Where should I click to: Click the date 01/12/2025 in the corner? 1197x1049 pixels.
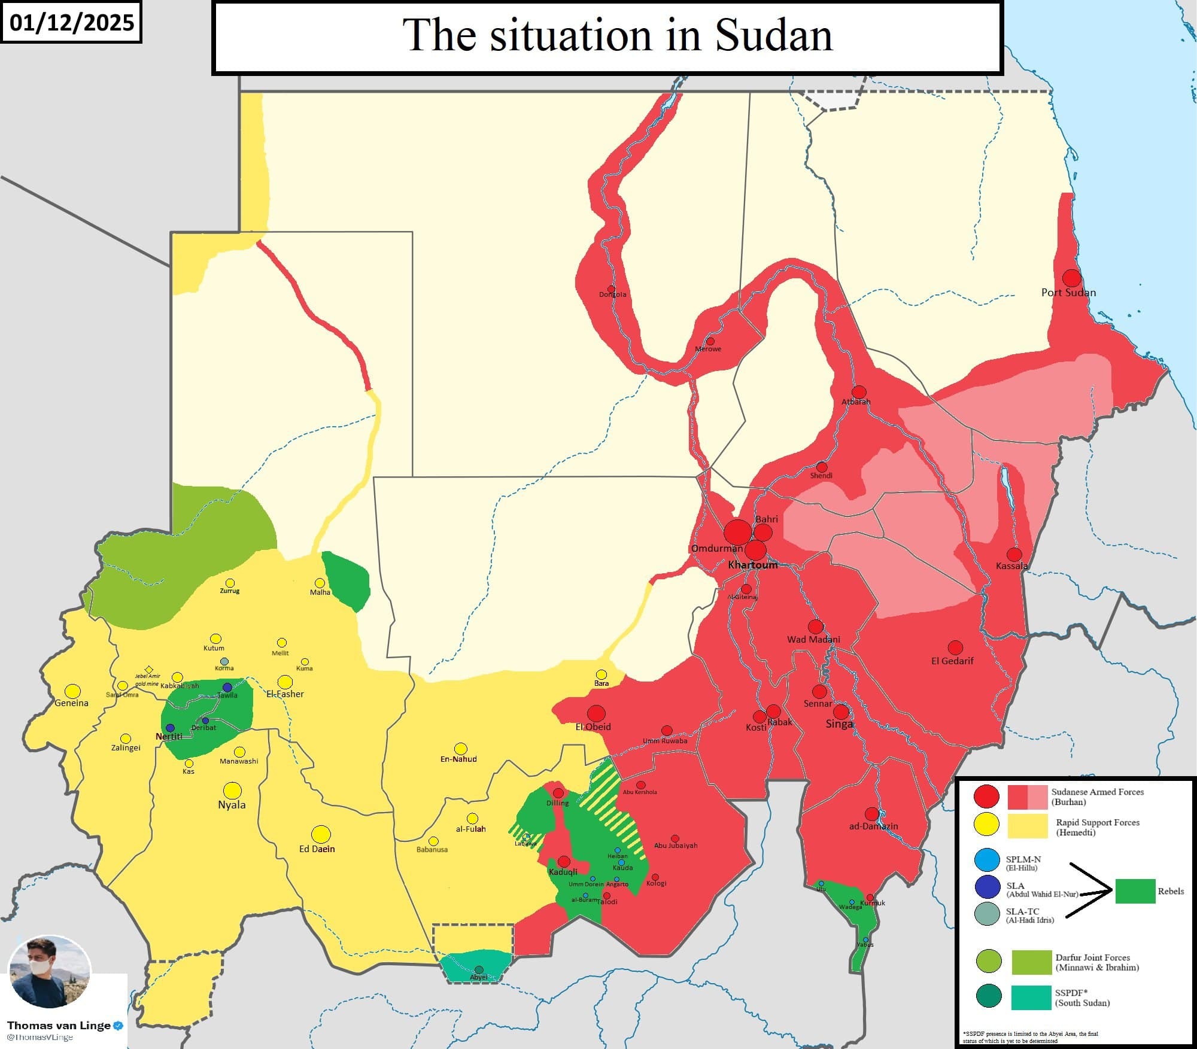pyautogui.click(x=71, y=23)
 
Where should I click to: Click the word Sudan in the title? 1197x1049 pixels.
pyautogui.click(x=773, y=36)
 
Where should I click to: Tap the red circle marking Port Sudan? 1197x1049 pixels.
pyautogui.click(x=1071, y=278)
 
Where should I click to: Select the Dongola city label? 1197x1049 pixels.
pyautogui.click(x=612, y=294)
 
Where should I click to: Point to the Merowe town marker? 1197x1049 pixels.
pyautogui.click(x=710, y=341)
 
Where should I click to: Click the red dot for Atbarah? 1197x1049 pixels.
pyautogui.click(x=859, y=392)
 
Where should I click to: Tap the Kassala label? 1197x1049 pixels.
pyautogui.click(x=1011, y=565)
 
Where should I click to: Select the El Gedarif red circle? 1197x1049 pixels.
pyautogui.click(x=955, y=647)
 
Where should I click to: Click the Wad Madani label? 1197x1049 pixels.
pyautogui.click(x=813, y=639)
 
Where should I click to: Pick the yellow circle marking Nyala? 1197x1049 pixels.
pyautogui.click(x=232, y=790)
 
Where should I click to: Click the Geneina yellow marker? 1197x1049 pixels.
pyautogui.click(x=72, y=691)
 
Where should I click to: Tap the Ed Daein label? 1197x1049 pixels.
pyautogui.click(x=317, y=849)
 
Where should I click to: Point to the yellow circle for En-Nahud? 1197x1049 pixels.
pyautogui.click(x=460, y=749)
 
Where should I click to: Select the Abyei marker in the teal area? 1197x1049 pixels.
pyautogui.click(x=479, y=969)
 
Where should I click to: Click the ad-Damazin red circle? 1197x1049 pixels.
pyautogui.click(x=872, y=814)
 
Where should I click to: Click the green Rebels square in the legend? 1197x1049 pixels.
pyautogui.click(x=1135, y=891)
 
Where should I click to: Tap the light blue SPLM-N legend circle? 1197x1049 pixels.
pyautogui.click(x=987, y=859)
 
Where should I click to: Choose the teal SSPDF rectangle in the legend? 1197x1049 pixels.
pyautogui.click(x=1031, y=998)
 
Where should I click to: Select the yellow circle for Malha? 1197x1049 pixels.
pyautogui.click(x=320, y=583)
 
